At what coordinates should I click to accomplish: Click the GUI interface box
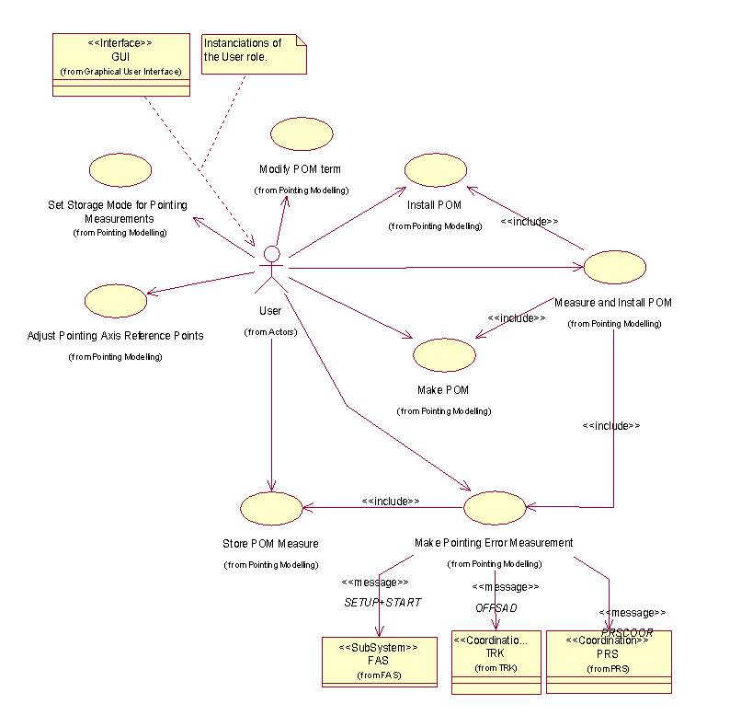(x=120, y=64)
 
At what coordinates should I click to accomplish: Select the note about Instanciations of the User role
(x=253, y=54)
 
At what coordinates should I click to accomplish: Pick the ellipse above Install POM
(x=436, y=171)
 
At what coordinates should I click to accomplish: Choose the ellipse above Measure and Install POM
(x=614, y=267)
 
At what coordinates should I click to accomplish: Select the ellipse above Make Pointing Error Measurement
(x=495, y=508)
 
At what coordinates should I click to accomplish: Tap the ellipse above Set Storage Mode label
(x=120, y=169)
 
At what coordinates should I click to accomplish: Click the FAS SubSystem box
(x=380, y=662)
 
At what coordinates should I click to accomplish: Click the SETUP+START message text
(x=382, y=603)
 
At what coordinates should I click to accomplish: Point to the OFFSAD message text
(x=496, y=608)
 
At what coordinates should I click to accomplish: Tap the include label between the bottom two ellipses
(x=391, y=501)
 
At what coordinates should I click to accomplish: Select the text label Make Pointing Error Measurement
(x=494, y=543)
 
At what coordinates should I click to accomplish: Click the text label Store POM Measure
(x=270, y=544)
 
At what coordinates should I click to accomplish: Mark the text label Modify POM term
(x=300, y=169)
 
